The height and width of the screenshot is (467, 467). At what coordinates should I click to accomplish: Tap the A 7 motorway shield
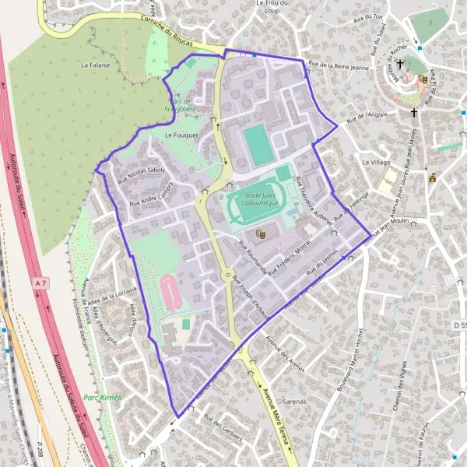41,285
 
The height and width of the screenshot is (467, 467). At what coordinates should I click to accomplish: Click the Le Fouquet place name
182,135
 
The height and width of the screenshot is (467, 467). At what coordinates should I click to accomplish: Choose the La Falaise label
95,65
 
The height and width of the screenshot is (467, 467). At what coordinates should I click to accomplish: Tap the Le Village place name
376,162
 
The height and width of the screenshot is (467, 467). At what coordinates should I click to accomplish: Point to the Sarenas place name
293,402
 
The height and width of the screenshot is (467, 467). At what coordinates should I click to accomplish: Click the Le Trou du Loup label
272,7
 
